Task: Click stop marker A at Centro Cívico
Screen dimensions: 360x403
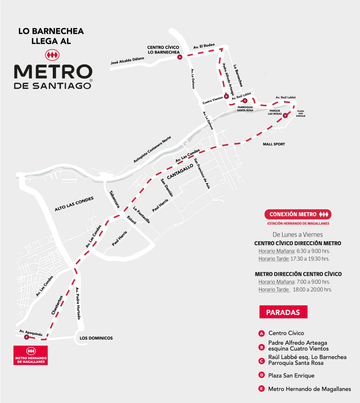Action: [180, 57]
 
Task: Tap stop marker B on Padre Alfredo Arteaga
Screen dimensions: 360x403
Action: [226, 96]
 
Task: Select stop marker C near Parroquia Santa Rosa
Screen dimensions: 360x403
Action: [245, 100]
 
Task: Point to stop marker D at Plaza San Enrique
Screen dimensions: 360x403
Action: [285, 115]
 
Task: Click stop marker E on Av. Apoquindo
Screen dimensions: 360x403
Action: [26, 337]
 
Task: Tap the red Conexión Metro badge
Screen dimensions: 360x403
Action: [299, 214]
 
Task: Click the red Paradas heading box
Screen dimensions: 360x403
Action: [283, 312]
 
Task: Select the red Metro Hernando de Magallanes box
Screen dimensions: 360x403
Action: [31, 355]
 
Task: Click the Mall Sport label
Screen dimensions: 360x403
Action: [274, 144]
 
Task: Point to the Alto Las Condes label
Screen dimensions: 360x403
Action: [74, 203]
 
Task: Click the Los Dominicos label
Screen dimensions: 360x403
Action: [96, 338]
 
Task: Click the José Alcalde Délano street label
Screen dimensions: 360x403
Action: [127, 61]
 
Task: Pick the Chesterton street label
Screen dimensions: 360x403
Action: [57, 305]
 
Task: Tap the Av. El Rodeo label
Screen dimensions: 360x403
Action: [204, 46]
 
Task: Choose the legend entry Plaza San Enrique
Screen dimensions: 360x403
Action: [291, 375]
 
